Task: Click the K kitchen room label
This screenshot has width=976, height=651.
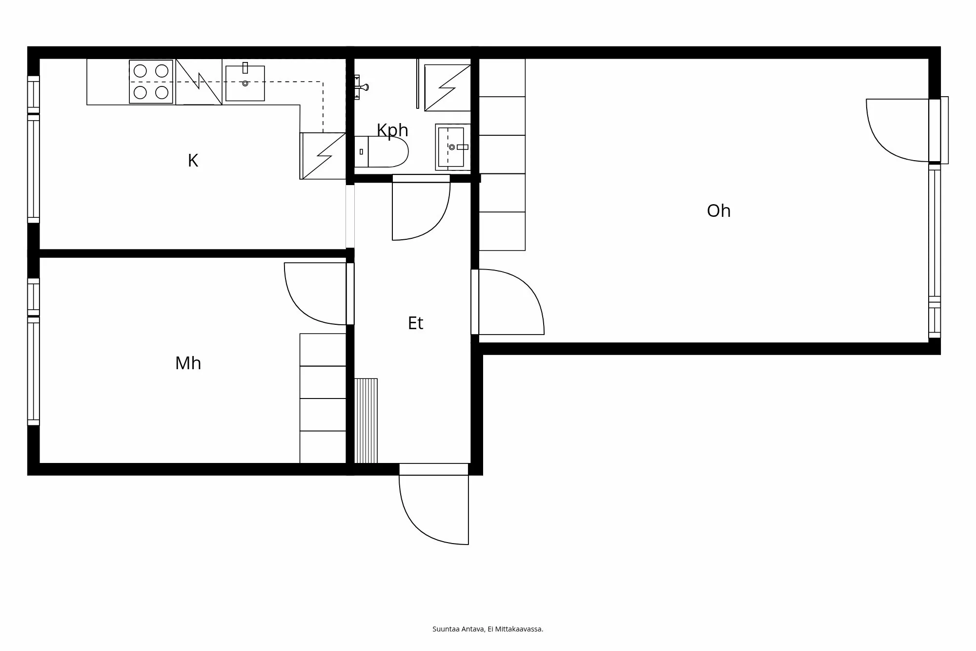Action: coord(193,161)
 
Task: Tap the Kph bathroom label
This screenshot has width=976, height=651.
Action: coord(392,130)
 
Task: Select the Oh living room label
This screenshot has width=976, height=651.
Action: coord(718,211)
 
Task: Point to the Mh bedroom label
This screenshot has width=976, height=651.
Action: coord(188,363)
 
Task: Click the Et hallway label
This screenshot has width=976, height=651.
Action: coord(415,323)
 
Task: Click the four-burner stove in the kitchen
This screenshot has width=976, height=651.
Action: coord(151,82)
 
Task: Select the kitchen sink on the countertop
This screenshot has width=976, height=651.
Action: coord(245,83)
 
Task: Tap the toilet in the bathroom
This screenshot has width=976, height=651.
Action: coord(386,152)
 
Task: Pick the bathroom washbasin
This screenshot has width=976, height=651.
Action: coord(452,147)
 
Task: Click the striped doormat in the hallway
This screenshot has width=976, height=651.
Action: coord(366,420)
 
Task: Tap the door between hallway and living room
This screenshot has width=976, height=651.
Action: coord(510,303)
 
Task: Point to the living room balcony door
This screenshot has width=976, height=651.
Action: coord(898,129)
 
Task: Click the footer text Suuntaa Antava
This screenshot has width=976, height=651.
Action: coord(488,629)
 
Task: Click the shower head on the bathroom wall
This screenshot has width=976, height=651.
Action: coord(362,87)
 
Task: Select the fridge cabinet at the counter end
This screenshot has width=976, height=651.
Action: coord(323,156)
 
